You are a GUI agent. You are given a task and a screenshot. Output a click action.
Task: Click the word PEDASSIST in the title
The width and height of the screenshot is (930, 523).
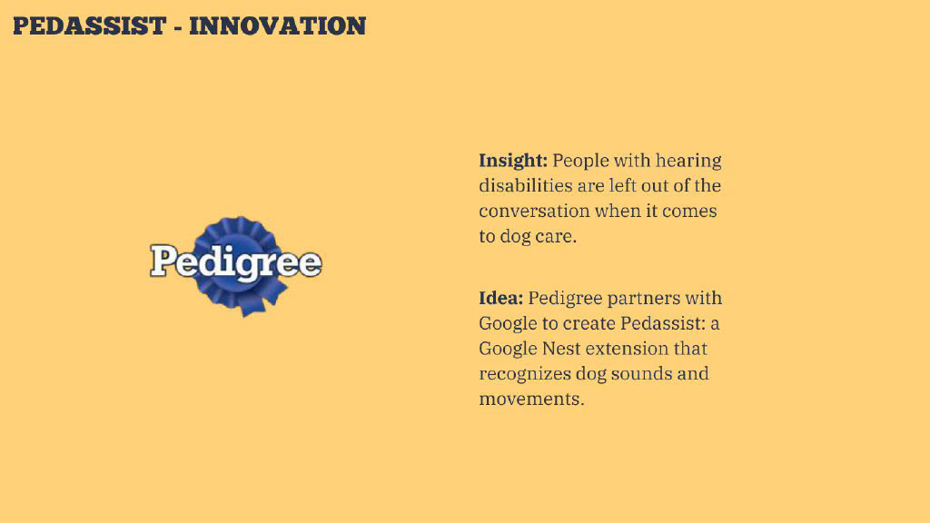90,26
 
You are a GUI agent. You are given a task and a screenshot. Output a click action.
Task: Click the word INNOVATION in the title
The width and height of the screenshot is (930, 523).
278,26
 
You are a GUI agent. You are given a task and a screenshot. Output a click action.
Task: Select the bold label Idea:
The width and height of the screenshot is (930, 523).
501,298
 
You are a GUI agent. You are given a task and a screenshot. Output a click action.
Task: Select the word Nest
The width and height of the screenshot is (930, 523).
561,348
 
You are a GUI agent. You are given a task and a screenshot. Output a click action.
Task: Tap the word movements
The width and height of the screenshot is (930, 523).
531,400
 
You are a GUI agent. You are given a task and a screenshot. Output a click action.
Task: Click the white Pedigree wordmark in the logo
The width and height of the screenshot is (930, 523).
235,261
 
